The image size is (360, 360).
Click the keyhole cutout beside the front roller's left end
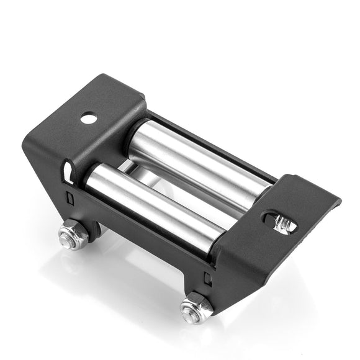click(x=67, y=169)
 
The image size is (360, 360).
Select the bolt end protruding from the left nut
click(x=66, y=236)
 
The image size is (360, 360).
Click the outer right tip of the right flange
click(x=338, y=202)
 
